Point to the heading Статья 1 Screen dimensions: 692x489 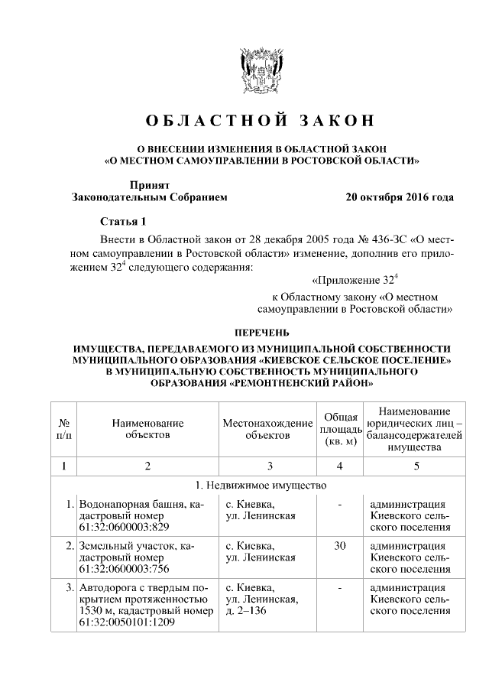[122, 222]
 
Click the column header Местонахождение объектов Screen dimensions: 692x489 [267, 428]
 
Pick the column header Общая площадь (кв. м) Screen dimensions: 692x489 [338, 428]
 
